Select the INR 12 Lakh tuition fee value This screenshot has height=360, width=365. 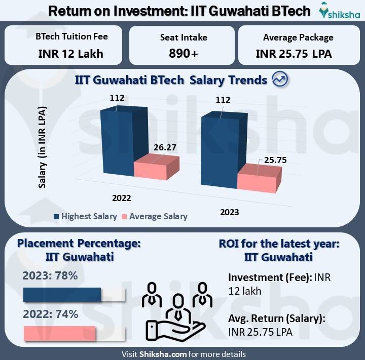pos(71,53)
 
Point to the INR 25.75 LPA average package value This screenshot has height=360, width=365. pos(294,53)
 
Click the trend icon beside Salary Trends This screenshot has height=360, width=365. pos(280,79)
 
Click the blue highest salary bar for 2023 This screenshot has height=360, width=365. pos(219,152)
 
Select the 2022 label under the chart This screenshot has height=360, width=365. pos(122,197)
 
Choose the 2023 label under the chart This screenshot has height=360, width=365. pos(230,212)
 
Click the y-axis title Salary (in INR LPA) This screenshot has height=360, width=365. pos(43,147)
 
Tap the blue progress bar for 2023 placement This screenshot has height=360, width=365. pos(62,295)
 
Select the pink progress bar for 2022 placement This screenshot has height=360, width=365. pos(59,333)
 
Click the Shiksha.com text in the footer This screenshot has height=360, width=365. pos(161,354)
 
